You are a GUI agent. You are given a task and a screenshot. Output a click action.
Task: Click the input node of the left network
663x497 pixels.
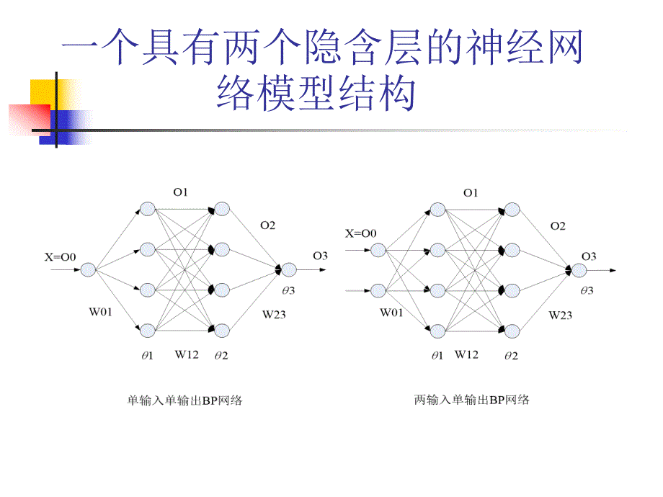(88, 269)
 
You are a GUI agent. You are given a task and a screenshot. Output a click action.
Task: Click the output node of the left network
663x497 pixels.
(289, 269)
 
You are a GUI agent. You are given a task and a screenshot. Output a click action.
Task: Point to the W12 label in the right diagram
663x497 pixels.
(466, 354)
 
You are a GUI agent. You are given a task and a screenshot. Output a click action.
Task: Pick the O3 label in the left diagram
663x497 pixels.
(320, 255)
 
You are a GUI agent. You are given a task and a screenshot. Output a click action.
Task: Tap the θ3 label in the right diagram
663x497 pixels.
(587, 290)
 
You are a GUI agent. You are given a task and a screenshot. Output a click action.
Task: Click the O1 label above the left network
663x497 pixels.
(179, 192)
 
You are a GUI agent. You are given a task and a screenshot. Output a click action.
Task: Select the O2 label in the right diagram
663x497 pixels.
(558, 225)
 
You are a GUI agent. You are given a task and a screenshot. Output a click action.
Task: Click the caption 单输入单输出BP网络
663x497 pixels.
(184, 400)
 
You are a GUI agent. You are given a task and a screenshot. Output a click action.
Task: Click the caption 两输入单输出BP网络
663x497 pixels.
(471, 399)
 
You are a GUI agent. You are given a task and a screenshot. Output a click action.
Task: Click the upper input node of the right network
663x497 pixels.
(378, 250)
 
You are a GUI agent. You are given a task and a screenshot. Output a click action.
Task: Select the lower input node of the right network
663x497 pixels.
(378, 291)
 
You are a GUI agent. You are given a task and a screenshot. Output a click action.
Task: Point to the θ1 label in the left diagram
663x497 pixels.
(148, 356)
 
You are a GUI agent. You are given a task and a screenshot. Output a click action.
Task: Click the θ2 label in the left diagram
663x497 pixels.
(221, 356)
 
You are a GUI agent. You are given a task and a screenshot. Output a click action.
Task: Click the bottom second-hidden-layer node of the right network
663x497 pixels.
(512, 331)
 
